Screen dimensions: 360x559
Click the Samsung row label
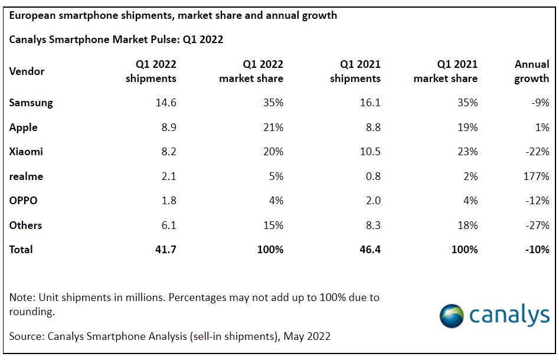(x=31, y=103)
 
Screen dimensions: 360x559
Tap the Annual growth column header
(x=531, y=71)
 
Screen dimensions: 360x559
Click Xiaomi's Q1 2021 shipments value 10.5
(x=369, y=152)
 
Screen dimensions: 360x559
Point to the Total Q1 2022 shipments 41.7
(x=165, y=250)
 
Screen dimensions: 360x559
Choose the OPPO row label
(x=23, y=201)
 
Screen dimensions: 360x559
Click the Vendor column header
(x=27, y=71)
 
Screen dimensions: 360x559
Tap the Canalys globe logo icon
(x=452, y=316)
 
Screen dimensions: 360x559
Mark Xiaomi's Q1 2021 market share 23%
(x=467, y=152)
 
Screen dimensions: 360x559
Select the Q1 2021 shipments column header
(x=355, y=71)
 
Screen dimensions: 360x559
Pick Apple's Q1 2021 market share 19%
(x=467, y=127)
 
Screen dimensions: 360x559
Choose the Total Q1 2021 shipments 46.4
(x=368, y=250)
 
